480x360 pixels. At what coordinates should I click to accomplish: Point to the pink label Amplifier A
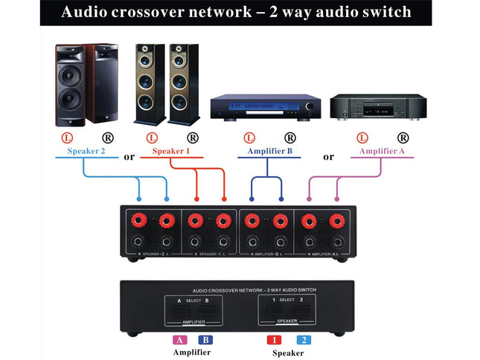(x=381, y=151)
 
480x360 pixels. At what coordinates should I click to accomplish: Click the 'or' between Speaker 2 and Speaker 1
(x=129, y=156)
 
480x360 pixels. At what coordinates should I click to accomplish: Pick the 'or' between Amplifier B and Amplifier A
(x=329, y=156)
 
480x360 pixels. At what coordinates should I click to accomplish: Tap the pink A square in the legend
(x=180, y=339)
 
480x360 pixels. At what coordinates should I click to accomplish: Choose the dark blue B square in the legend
(x=205, y=339)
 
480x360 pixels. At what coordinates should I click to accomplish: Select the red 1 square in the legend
(x=273, y=339)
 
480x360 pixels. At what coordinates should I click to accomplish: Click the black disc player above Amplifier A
(x=371, y=107)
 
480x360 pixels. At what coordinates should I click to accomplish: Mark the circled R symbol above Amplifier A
(x=403, y=138)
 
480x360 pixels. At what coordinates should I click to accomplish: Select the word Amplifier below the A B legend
(x=192, y=353)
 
